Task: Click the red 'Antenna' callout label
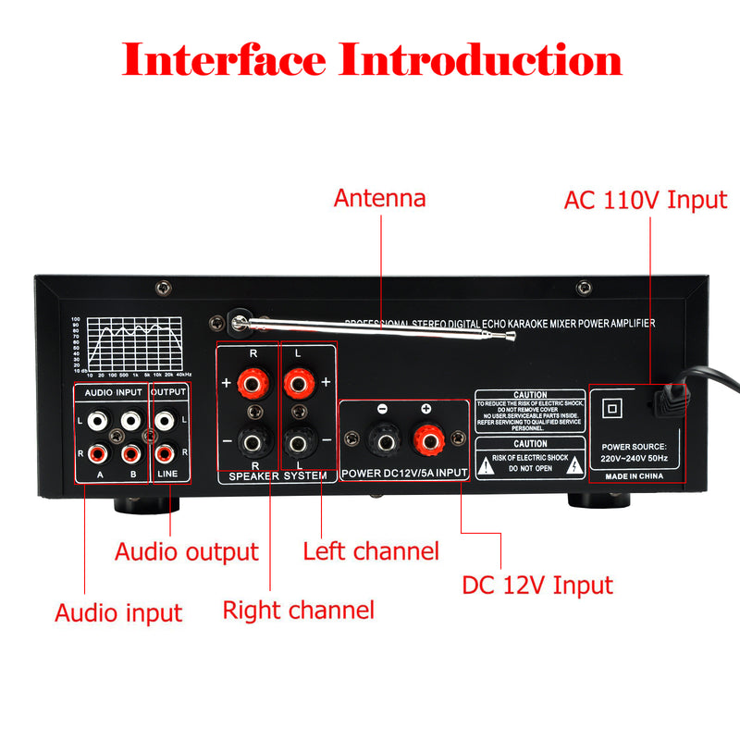tap(379, 198)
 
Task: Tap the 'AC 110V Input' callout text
tap(645, 200)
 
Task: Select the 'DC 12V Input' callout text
tap(536, 585)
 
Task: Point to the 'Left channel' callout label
tap(371, 552)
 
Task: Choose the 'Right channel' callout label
tap(298, 610)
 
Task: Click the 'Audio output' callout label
tap(186, 552)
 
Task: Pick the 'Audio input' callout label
tap(118, 612)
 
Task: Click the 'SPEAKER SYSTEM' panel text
tap(277, 475)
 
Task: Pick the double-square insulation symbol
tap(610, 407)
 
